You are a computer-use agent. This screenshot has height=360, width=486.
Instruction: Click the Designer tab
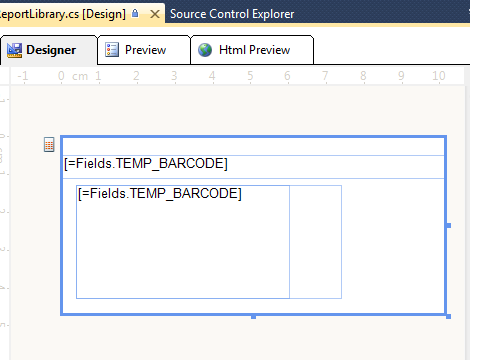click(x=49, y=50)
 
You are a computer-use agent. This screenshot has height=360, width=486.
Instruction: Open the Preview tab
click(x=144, y=50)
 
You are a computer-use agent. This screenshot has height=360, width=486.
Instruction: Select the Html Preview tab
click(x=252, y=50)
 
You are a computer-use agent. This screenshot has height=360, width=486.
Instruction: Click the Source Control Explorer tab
click(x=232, y=14)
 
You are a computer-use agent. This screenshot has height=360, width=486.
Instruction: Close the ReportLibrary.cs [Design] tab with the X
click(x=155, y=14)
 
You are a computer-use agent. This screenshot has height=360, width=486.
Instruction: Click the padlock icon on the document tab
click(x=135, y=13)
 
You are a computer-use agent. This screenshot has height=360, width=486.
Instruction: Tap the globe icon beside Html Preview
click(x=205, y=50)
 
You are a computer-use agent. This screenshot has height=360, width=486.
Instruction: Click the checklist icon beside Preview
click(x=112, y=50)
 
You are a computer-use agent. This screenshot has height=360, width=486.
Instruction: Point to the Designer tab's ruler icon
click(x=14, y=50)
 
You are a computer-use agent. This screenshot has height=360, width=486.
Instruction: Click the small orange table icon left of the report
click(x=49, y=145)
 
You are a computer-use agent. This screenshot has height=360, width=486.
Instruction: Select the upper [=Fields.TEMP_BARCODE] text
click(x=146, y=164)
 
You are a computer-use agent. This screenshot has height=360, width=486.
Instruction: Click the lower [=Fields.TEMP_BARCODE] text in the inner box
click(x=160, y=194)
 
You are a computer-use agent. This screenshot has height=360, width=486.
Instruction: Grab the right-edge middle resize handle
click(x=449, y=226)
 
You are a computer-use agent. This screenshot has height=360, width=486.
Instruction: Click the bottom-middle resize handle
click(x=253, y=317)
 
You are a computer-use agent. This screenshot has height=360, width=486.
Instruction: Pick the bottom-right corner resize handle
click(x=448, y=316)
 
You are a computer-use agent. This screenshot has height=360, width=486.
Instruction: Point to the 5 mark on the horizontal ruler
click(x=250, y=76)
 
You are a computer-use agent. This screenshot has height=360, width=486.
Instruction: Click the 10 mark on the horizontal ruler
click(x=439, y=76)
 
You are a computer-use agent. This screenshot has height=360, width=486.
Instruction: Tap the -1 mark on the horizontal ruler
click(x=23, y=76)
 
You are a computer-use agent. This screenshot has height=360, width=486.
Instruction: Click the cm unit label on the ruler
click(x=80, y=77)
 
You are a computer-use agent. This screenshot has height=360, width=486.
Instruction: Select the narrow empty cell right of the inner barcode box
click(x=315, y=242)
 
